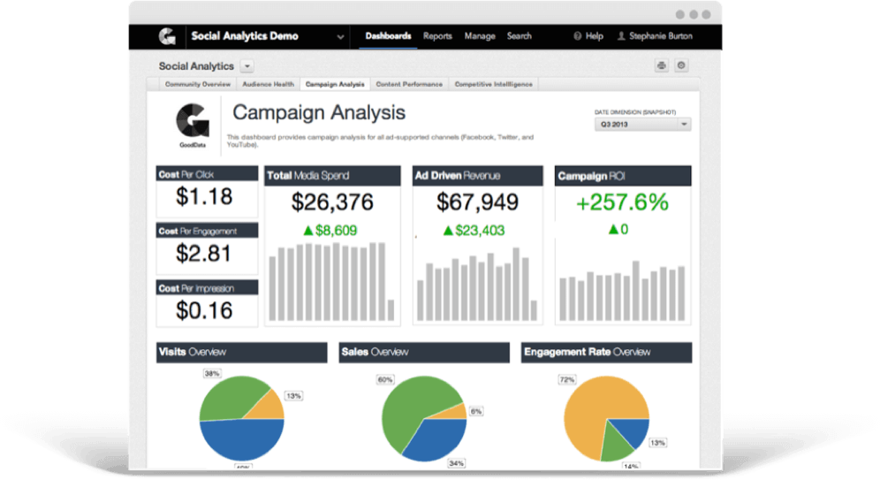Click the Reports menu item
coord(437,36)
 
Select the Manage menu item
coord(480,36)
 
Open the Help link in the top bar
coord(588,36)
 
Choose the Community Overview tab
coord(197,84)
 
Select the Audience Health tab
coord(268,84)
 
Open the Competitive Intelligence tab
coord(494,84)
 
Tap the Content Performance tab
coord(409,84)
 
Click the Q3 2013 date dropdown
coord(642,125)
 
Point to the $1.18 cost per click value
coord(204,197)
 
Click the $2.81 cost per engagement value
coord(204,254)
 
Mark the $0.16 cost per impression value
coord(204,310)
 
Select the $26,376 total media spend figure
coord(332,202)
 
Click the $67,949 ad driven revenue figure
coord(478,202)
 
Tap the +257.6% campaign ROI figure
coord(622,202)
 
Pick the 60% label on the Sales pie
coord(384,380)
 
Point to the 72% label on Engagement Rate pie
coord(566,379)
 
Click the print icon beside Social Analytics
coord(661,65)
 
